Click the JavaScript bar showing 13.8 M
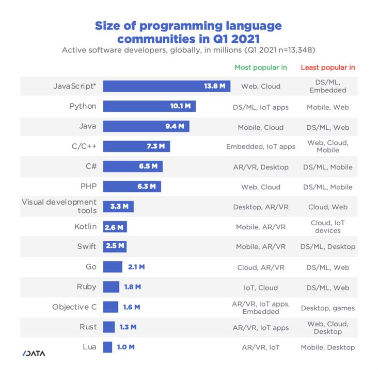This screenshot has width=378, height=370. [165, 86]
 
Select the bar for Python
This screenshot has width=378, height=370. [149, 106]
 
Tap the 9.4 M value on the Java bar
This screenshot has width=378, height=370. [177, 126]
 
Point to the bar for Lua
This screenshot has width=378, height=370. [107, 347]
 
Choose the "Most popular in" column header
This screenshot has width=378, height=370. [261, 68]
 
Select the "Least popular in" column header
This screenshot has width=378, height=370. [328, 68]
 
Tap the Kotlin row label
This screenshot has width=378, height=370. [83, 226]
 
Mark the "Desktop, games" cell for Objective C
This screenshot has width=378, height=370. [328, 308]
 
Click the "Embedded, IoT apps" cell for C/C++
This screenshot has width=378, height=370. [261, 146]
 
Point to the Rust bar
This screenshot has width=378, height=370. [108, 327]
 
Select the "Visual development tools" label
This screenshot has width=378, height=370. [59, 206]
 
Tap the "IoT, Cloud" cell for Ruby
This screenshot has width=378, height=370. [261, 288]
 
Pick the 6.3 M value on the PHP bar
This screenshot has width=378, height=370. [147, 187]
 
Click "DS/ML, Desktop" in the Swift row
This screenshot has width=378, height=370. [328, 246]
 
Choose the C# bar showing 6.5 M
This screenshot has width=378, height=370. [133, 166]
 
